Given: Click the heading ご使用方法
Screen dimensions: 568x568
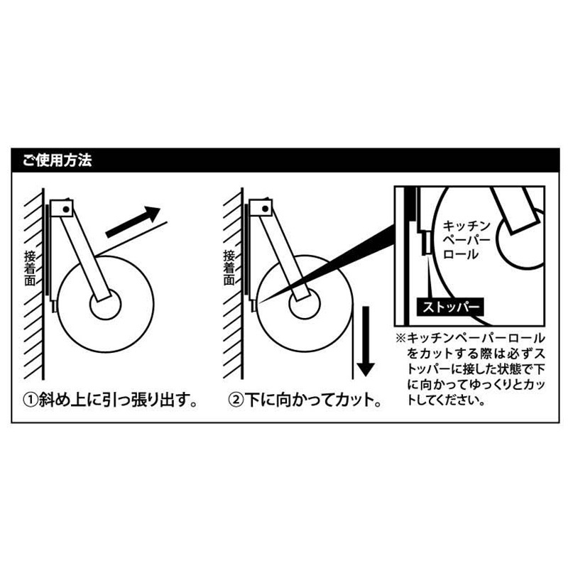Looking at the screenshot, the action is (58, 160).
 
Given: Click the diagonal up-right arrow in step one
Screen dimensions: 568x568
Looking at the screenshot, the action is (133, 222).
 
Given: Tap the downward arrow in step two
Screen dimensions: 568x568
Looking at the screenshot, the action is (366, 342).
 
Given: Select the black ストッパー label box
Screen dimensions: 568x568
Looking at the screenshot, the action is (450, 307).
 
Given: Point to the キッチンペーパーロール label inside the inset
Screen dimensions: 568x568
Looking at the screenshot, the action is (466, 240).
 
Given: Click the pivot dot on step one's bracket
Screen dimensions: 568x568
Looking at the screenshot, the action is (66, 209).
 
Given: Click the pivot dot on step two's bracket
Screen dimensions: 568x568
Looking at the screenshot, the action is (265, 209).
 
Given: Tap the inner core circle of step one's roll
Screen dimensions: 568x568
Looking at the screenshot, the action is (105, 305).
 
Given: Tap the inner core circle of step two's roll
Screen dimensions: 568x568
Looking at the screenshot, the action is (305, 305).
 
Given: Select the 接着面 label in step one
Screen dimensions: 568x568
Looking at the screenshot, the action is (30, 268).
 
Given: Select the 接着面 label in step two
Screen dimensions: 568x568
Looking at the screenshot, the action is (229, 268).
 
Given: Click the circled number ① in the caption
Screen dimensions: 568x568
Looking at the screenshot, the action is (31, 400).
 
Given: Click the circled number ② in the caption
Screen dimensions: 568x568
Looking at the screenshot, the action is (236, 400).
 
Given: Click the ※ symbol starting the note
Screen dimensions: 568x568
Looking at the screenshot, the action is (400, 339).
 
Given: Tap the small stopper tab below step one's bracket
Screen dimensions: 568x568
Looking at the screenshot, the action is (55, 307).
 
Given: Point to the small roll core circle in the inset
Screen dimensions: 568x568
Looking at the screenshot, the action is (520, 239).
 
